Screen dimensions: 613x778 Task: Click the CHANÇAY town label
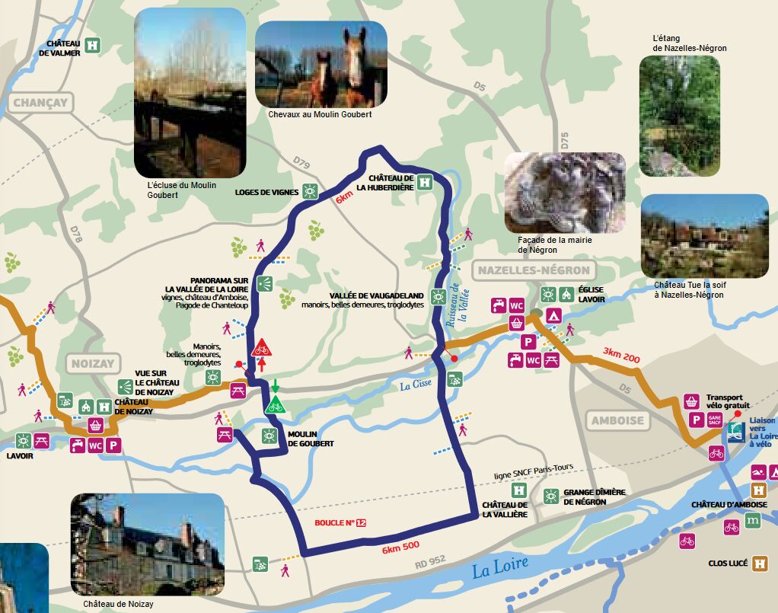point(40,103)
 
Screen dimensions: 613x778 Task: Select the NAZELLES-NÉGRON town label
point(532,270)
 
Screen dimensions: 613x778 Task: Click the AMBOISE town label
point(617,420)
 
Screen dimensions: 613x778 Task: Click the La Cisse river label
point(416,386)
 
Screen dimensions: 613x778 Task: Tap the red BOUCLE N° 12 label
point(340,523)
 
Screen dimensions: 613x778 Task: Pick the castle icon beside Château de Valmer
point(93,45)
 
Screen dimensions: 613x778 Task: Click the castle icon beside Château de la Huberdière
point(425,183)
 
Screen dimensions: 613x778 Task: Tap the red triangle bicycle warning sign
point(261,348)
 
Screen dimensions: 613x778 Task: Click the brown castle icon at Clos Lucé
point(760,564)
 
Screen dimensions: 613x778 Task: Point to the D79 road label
point(301,163)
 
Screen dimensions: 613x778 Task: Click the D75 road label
point(564,142)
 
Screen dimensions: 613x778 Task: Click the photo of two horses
point(320,64)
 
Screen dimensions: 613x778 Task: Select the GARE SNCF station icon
point(714,420)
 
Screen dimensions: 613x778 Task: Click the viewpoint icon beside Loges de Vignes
point(310,191)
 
